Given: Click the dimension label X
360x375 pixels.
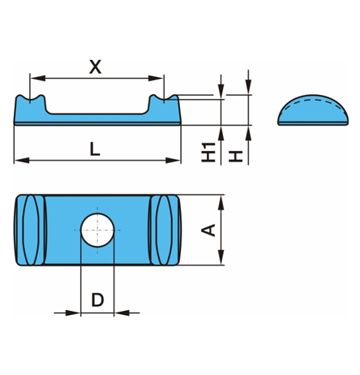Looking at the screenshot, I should coord(95,66).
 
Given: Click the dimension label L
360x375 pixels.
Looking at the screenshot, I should coord(95,149).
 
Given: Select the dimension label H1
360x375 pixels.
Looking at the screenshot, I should coord(210,151).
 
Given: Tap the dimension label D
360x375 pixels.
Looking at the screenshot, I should coord(97,300).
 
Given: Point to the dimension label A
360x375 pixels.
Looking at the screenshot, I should coord(208,230).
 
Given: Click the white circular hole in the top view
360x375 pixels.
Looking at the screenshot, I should coord(97,229).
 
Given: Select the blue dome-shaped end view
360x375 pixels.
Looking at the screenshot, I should coord(312,113).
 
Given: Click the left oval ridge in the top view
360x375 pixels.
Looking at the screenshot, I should coord(30,230).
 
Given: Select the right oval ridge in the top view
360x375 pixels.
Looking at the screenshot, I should coord(165,230).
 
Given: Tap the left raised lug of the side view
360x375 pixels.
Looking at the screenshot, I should coord(30,106).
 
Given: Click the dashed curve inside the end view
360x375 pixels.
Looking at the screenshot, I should coord(312,103).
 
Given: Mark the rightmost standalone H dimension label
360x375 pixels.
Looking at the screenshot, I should coord(236,154).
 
